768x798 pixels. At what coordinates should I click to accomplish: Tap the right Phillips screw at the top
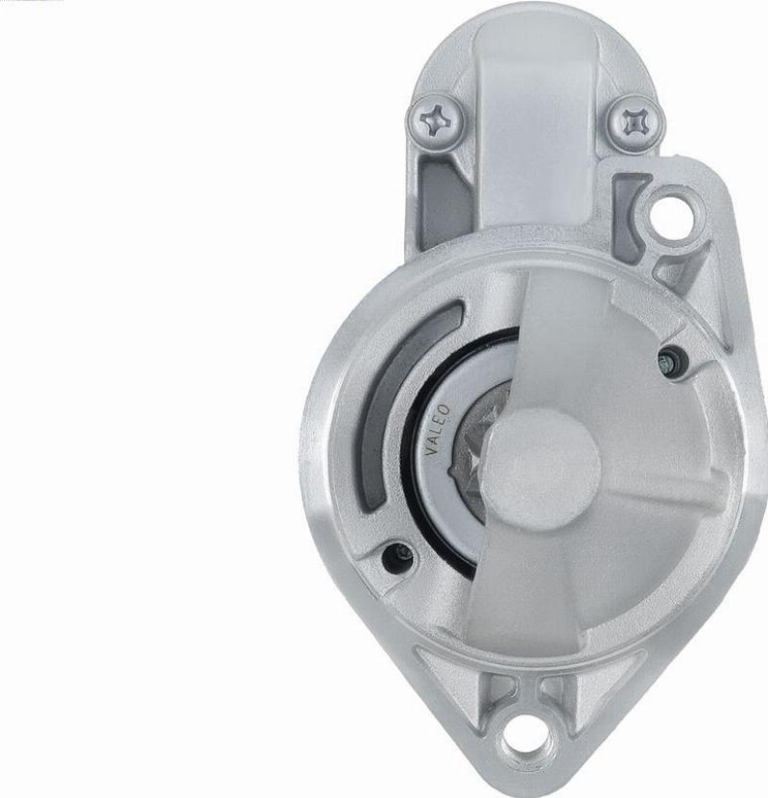tap(636, 122)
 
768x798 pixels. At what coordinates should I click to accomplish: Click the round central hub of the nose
tap(541, 467)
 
